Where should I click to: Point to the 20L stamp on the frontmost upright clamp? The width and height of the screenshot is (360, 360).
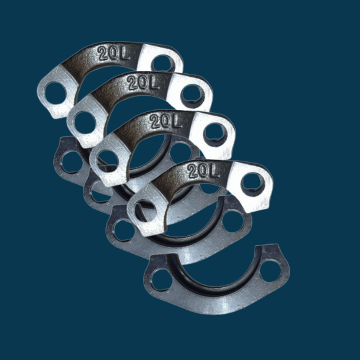click(x=203, y=171)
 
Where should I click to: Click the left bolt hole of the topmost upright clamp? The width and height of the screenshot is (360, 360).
click(x=56, y=92)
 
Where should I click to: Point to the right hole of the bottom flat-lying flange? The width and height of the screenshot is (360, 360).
click(x=271, y=269)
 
